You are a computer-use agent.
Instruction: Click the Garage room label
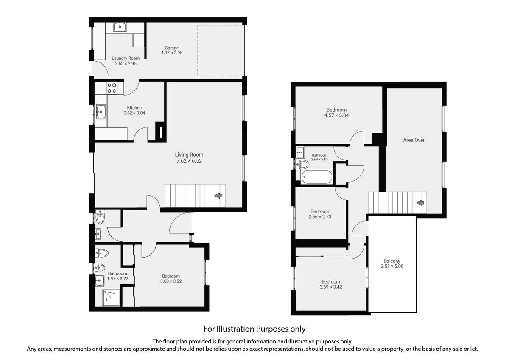[172, 48]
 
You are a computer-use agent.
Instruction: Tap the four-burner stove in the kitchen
[112, 88]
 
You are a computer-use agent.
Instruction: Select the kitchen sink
[101, 112]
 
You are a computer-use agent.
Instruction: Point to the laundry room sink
[120, 28]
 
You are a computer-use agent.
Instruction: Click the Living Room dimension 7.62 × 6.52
[189, 161]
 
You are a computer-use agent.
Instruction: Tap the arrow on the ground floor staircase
[219, 196]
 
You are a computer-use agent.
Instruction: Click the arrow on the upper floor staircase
[420, 203]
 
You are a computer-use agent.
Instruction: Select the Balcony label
[392, 261]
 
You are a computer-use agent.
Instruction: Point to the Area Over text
[414, 140]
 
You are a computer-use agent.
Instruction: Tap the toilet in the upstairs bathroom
[303, 164]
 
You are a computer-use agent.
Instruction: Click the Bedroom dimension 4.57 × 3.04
[337, 115]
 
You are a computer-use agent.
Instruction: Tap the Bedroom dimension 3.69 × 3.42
[330, 287]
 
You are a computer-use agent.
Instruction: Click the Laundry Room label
[126, 58]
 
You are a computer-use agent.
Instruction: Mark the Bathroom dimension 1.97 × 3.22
[117, 279]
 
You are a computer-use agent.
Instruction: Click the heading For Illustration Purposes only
[254, 329]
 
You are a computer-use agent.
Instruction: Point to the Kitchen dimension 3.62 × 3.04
[134, 113]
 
